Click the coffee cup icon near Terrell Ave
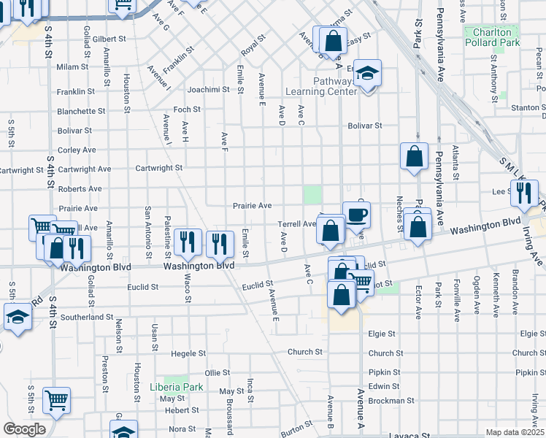pyautogui.click(x=356, y=215)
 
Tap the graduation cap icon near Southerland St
pyautogui.click(x=18, y=318)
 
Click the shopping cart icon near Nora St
pyautogui.click(x=56, y=400)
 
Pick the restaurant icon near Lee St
pyautogui.click(x=523, y=193)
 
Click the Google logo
pyautogui.click(x=24, y=429)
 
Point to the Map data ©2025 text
pyautogui.click(x=515, y=432)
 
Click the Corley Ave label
pyautogui.click(x=77, y=150)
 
